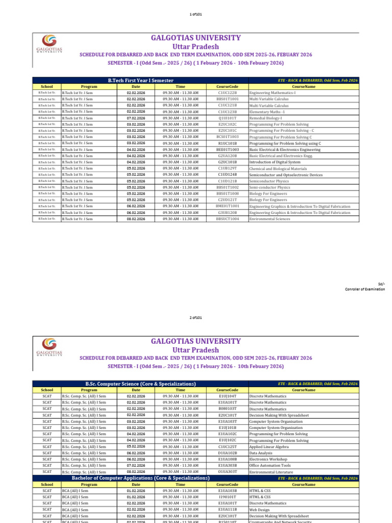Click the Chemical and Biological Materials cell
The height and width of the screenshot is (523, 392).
tap(278, 169)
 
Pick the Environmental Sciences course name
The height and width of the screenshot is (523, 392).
tap(269, 219)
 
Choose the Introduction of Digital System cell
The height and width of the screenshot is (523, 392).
tap(275, 162)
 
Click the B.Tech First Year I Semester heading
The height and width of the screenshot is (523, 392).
tap(140, 81)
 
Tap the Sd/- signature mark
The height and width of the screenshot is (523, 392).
tap(381, 283)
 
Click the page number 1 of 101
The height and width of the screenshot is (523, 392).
tap(195, 14)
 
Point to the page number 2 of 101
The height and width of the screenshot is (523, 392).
tap(195, 318)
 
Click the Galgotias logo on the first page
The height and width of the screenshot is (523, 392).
tap(50, 43)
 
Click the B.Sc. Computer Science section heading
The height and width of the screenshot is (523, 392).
tap(140, 384)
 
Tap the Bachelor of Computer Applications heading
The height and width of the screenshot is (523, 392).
tap(140, 478)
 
